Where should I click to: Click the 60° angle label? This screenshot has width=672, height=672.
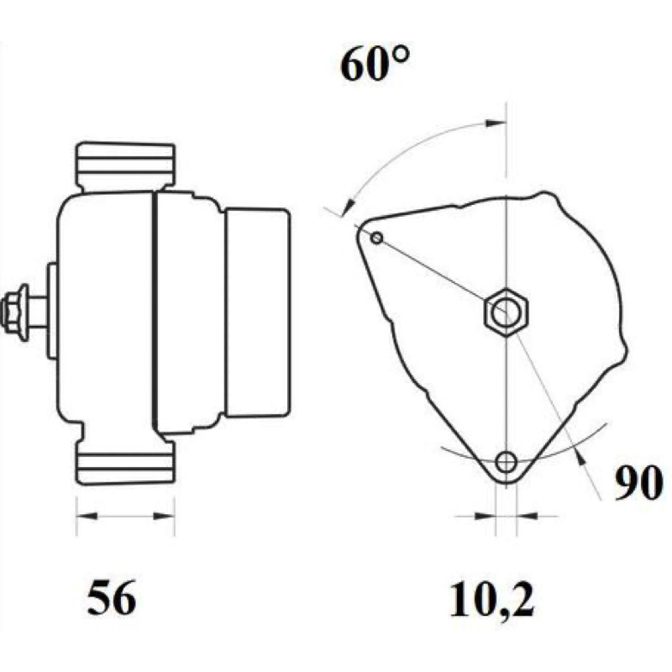click(375, 65)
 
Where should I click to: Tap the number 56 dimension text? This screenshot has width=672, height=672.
click(112, 597)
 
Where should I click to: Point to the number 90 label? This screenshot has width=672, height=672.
click(638, 484)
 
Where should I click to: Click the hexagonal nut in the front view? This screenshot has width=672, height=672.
click(507, 312)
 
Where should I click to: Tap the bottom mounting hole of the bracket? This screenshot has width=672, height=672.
click(507, 462)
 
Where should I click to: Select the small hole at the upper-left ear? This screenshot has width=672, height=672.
click(376, 238)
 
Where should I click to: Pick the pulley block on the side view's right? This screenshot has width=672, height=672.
click(257, 312)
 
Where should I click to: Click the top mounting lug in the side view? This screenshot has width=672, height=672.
click(125, 166)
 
